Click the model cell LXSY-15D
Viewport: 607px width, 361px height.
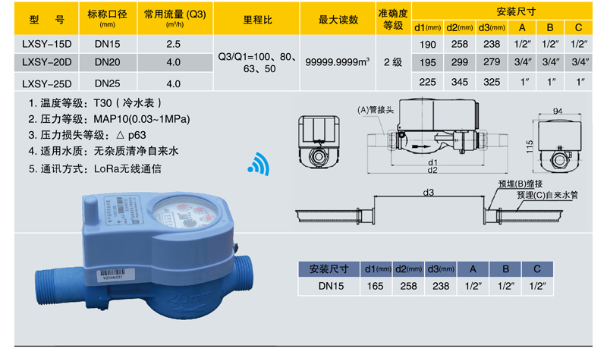[x=46, y=45]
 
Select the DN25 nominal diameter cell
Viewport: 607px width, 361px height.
[x=108, y=84]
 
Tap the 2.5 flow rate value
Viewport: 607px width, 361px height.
[x=173, y=45]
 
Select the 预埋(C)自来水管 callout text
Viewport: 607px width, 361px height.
[x=546, y=195]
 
